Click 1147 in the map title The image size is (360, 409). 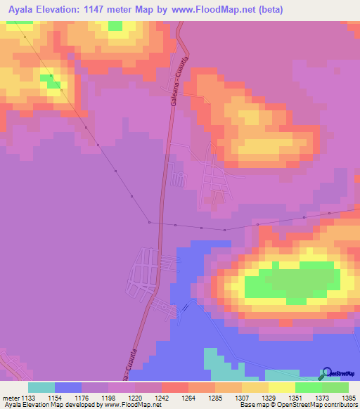(105, 9)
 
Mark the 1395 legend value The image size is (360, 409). (349, 398)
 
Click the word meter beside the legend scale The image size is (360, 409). (11, 398)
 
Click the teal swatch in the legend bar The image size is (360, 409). (41, 387)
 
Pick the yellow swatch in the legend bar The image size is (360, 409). (281, 387)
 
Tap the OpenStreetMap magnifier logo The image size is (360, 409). (326, 373)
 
